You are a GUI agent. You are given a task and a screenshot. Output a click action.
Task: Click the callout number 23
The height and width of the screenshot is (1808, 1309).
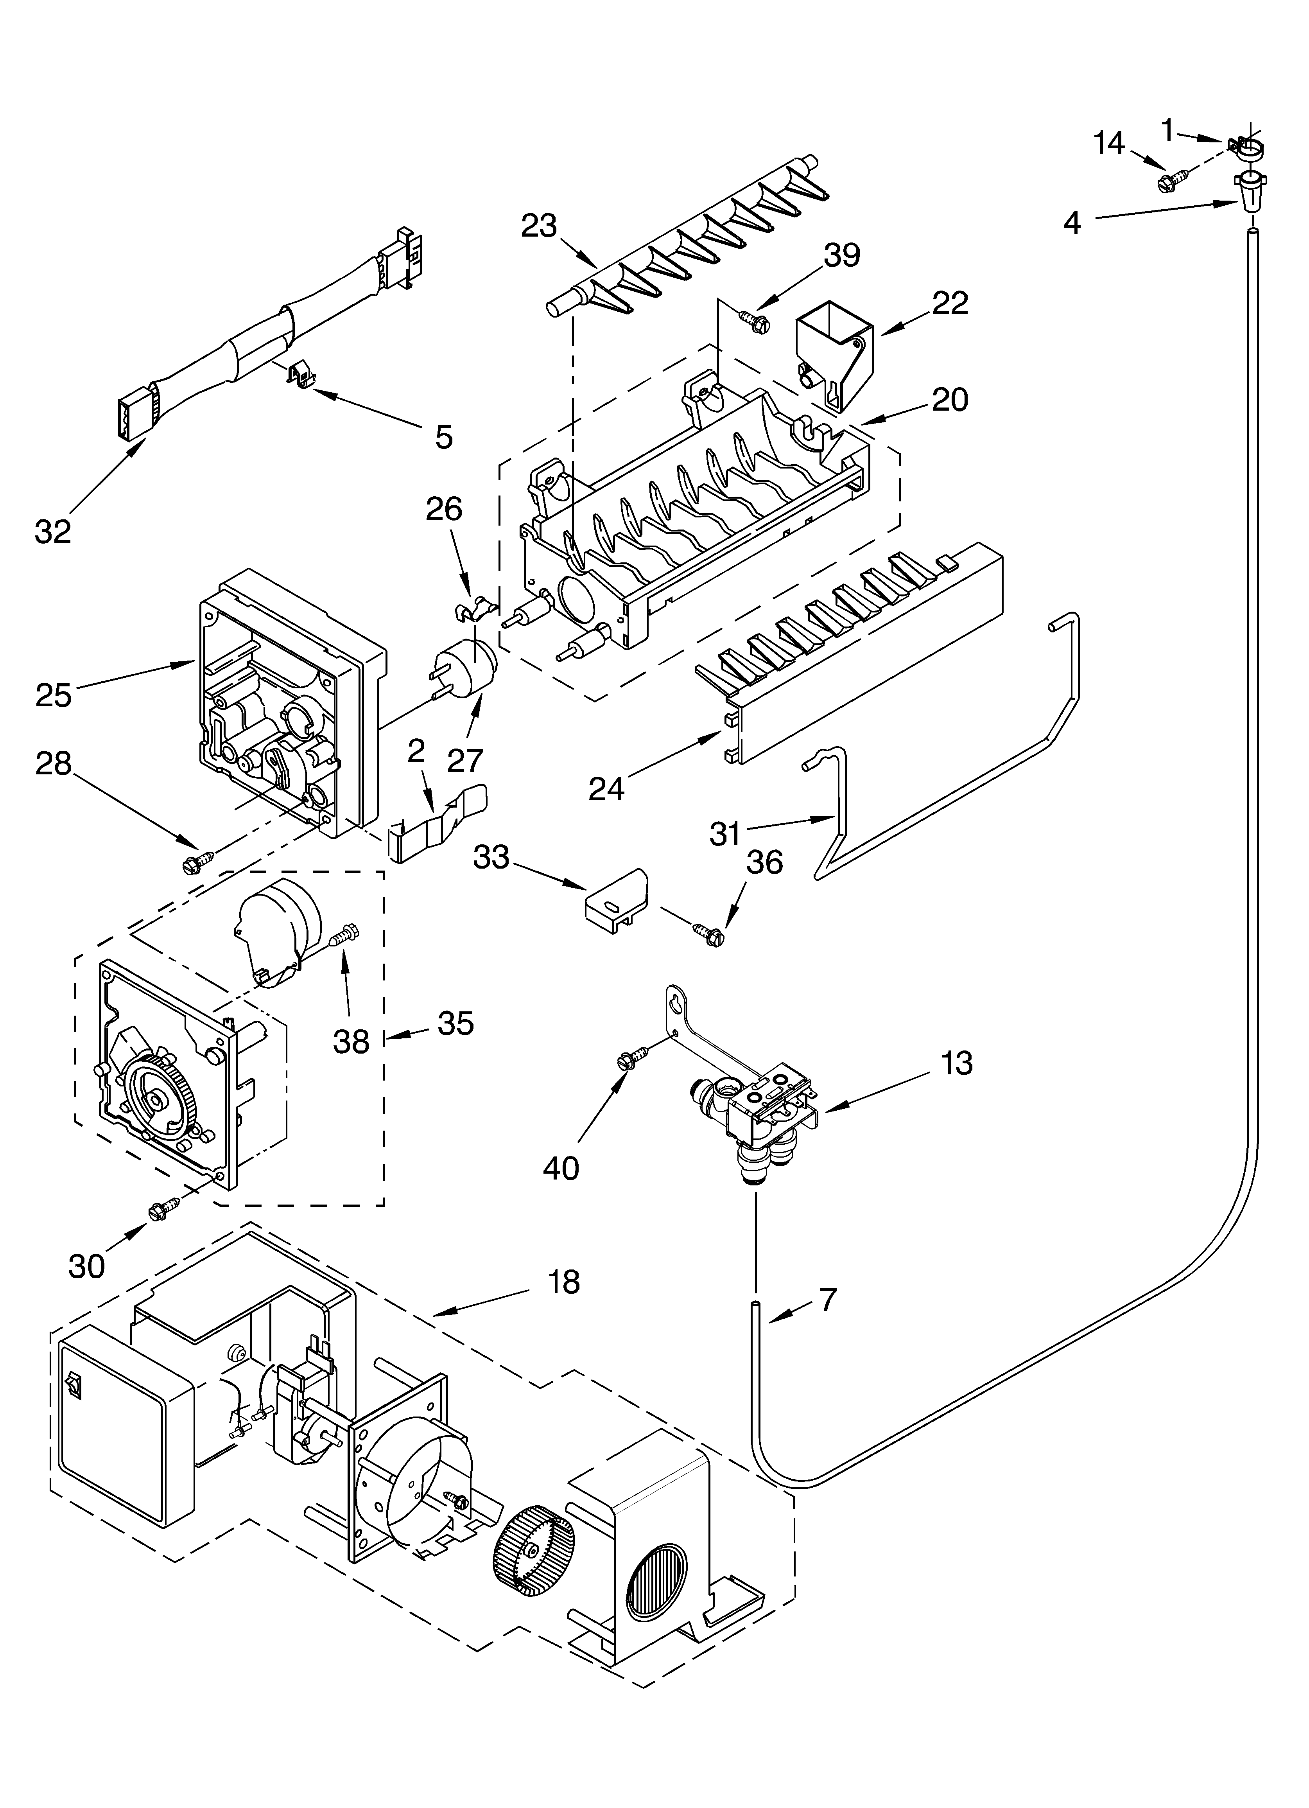pyautogui.click(x=539, y=226)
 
